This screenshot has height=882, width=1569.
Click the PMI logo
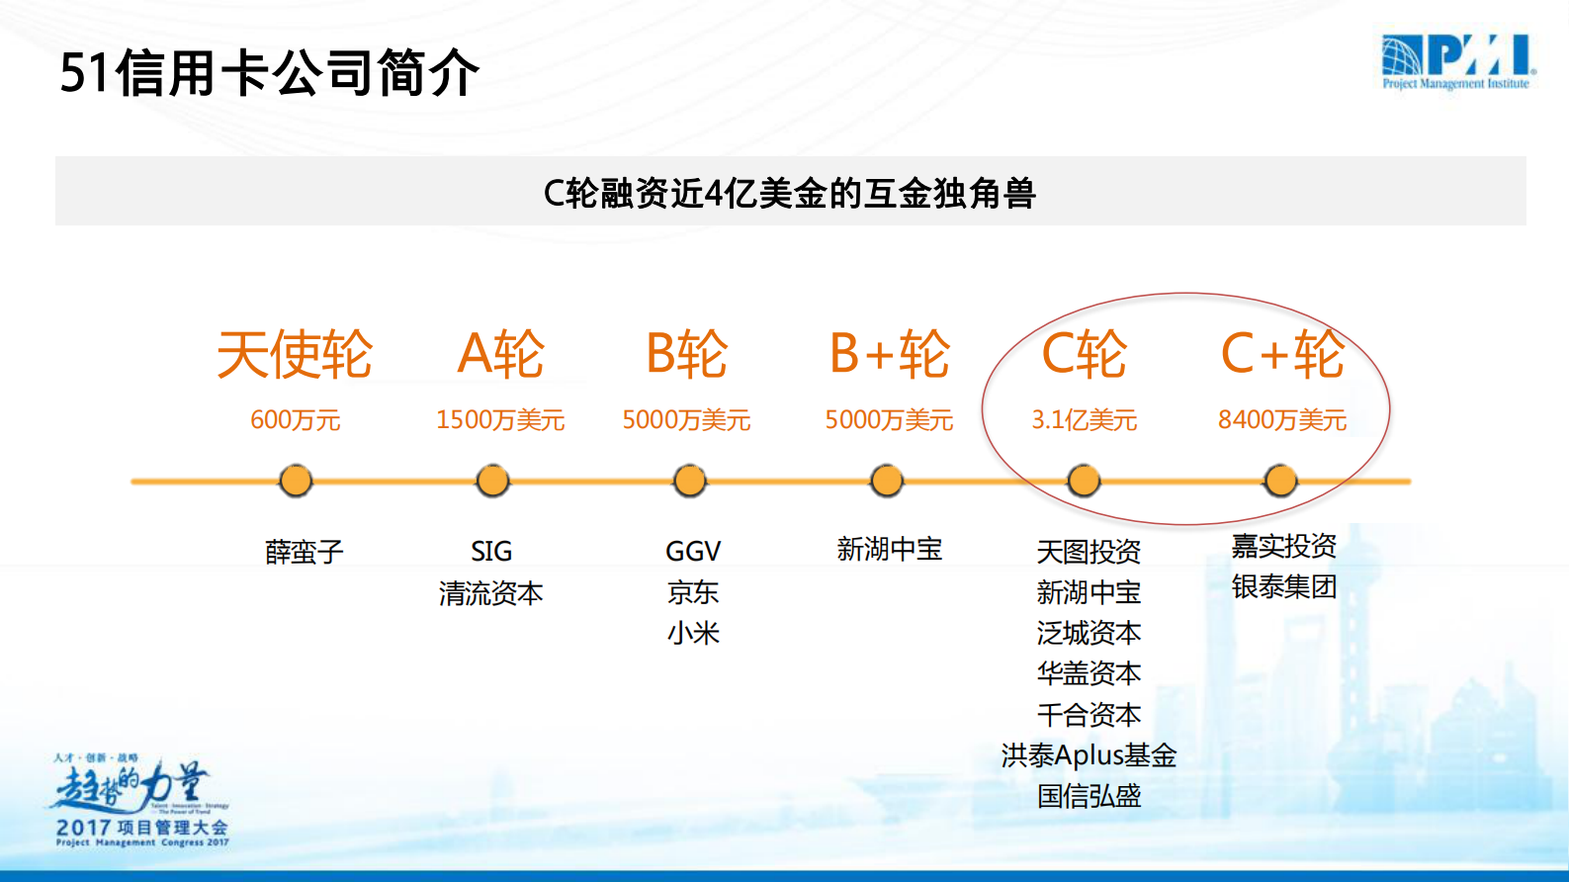pyautogui.click(x=1457, y=61)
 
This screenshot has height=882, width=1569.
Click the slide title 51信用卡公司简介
pyautogui.click(x=269, y=73)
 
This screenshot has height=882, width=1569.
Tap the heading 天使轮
pyautogui.click(x=295, y=354)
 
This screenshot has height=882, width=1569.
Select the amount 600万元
pyautogui.click(x=295, y=420)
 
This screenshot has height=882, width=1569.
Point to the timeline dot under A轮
pyautogui.click(x=492, y=482)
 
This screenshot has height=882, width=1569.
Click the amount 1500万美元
pyautogui.click(x=500, y=420)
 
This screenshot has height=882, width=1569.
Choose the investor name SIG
pyautogui.click(x=491, y=551)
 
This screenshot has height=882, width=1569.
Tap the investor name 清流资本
pyautogui.click(x=491, y=593)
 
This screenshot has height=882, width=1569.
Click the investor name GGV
pyautogui.click(x=693, y=551)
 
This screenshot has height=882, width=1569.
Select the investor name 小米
pyautogui.click(x=693, y=633)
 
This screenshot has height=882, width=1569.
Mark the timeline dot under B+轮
pyautogui.click(x=887, y=482)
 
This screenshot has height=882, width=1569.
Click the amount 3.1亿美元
pyautogui.click(x=1085, y=420)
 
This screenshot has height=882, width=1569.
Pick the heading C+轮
pyautogui.click(x=1282, y=354)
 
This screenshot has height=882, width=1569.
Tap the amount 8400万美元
pyautogui.click(x=1282, y=420)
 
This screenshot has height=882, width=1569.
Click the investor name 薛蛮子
pyautogui.click(x=304, y=551)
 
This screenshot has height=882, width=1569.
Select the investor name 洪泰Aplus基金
pyautogui.click(x=1089, y=755)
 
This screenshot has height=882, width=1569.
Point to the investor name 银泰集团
pyautogui.click(x=1284, y=587)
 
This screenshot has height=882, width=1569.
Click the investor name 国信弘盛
pyautogui.click(x=1089, y=796)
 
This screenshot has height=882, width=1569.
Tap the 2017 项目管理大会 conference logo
pyautogui.click(x=141, y=801)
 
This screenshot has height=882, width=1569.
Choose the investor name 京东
pyautogui.click(x=693, y=592)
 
